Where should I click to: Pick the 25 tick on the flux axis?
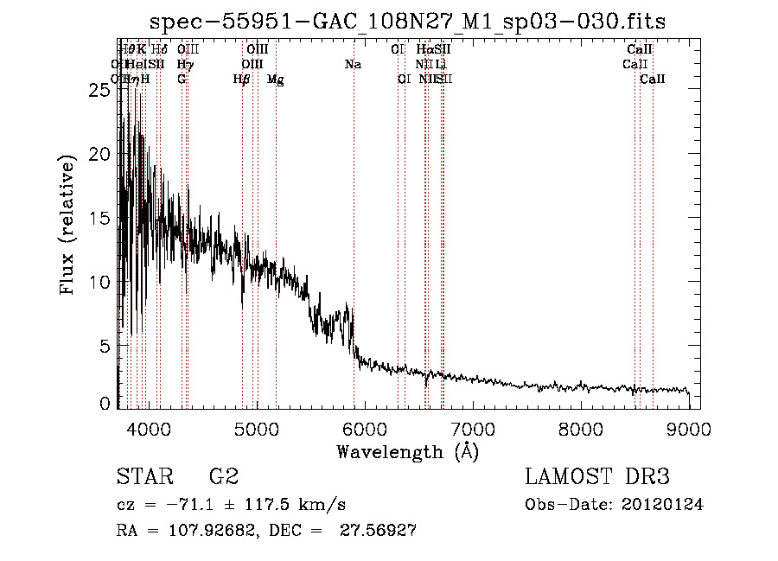pyautogui.click(x=100, y=89)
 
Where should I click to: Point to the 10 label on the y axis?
pyautogui.click(x=100, y=282)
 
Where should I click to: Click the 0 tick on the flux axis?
pyautogui.click(x=105, y=404)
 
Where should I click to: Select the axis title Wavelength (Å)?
pyautogui.click(x=407, y=451)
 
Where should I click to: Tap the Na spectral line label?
pyautogui.click(x=353, y=64)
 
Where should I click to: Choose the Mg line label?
pyautogui.click(x=275, y=80)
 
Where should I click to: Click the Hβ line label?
pyautogui.click(x=242, y=80)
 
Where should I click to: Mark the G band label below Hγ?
pyautogui.click(x=182, y=79)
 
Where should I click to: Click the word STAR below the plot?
pyautogui.click(x=143, y=477)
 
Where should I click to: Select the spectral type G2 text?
pyautogui.click(x=223, y=477)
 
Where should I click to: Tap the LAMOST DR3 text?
pyautogui.click(x=597, y=477)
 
